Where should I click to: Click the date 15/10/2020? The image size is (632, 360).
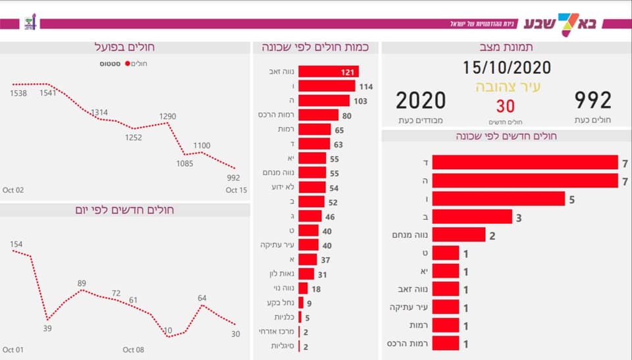[x=506, y=66]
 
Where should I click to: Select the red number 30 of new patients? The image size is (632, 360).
[x=506, y=106]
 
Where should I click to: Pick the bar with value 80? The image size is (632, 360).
[x=319, y=115]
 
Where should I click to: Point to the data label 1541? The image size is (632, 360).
[x=48, y=93]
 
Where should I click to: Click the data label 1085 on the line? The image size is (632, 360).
[x=184, y=163]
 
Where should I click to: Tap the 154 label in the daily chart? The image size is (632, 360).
[x=16, y=244]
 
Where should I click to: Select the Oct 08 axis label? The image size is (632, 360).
[x=134, y=349]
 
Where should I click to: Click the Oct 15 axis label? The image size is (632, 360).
[x=236, y=190]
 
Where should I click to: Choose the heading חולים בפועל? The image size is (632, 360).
[x=125, y=47]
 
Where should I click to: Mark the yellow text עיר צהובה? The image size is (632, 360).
[x=508, y=86]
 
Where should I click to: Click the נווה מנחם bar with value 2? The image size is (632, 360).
[x=460, y=235]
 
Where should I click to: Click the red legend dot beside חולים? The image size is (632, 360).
[x=128, y=64]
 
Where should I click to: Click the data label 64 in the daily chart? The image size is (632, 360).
[x=202, y=298]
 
